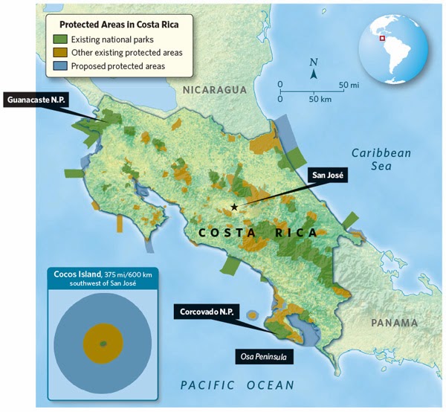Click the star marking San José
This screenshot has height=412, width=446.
234,207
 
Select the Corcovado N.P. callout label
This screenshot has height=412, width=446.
206,312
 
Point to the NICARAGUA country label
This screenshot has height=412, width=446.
213,90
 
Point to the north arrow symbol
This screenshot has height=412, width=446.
314,71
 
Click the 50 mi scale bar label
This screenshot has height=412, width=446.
348,86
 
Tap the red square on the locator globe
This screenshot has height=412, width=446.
382,39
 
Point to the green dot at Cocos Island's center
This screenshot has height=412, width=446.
103,343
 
